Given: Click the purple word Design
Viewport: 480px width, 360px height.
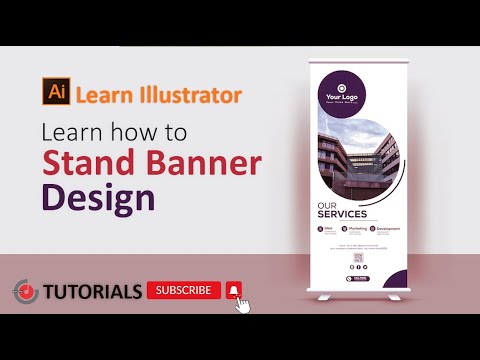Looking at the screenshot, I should [x=98, y=196].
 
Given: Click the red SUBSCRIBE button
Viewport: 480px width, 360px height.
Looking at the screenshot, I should [x=184, y=290].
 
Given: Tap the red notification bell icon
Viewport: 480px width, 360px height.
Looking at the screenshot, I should [x=234, y=290].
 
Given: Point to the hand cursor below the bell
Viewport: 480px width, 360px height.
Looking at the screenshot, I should [x=241, y=304].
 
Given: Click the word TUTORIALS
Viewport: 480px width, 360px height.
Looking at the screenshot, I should [x=92, y=292].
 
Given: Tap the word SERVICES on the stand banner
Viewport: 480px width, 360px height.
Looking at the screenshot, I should [x=342, y=214].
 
